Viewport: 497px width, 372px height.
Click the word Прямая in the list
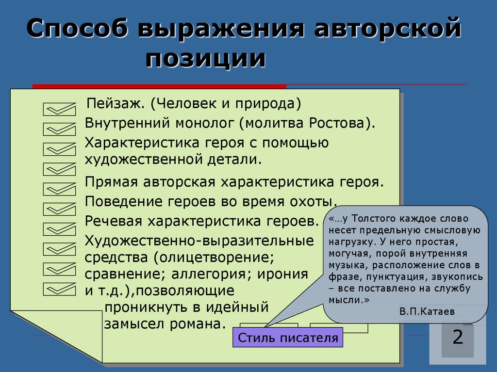click(112, 182)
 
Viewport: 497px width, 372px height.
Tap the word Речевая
click(114, 221)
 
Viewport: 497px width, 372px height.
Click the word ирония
click(282, 275)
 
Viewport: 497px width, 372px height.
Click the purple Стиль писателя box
click(287, 338)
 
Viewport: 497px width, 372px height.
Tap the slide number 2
click(458, 337)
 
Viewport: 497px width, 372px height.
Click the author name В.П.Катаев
click(427, 311)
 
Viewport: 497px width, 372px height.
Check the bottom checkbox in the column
click(60, 289)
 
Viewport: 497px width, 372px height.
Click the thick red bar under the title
click(159, 86)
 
